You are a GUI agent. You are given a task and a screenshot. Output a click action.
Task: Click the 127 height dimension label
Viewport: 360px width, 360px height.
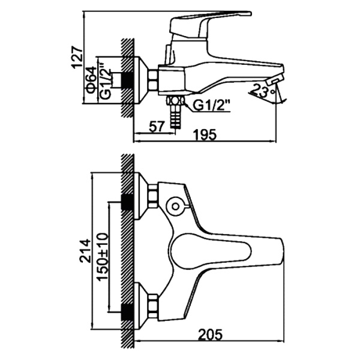(77, 58)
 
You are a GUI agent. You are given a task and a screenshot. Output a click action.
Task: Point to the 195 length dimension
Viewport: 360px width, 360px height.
(205, 134)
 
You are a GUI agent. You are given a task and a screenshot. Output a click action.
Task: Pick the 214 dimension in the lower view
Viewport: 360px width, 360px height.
(85, 251)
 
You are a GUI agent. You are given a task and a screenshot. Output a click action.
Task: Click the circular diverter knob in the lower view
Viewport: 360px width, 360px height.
(176, 206)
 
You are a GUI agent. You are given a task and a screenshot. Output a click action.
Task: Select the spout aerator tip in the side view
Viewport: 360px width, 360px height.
(274, 80)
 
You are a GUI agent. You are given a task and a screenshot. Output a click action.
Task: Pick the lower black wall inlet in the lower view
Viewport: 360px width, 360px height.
(127, 312)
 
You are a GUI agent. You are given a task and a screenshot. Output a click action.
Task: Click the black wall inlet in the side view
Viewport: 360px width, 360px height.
(127, 80)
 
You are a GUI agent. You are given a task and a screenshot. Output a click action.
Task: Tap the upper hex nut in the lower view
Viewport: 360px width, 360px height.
(153, 197)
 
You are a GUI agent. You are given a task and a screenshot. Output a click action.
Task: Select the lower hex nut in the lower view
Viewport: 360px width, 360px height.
(153, 306)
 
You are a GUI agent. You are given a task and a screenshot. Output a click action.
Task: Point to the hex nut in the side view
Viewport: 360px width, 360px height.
(153, 80)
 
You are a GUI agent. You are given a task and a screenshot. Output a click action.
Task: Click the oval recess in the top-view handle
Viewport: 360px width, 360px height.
(210, 251)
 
